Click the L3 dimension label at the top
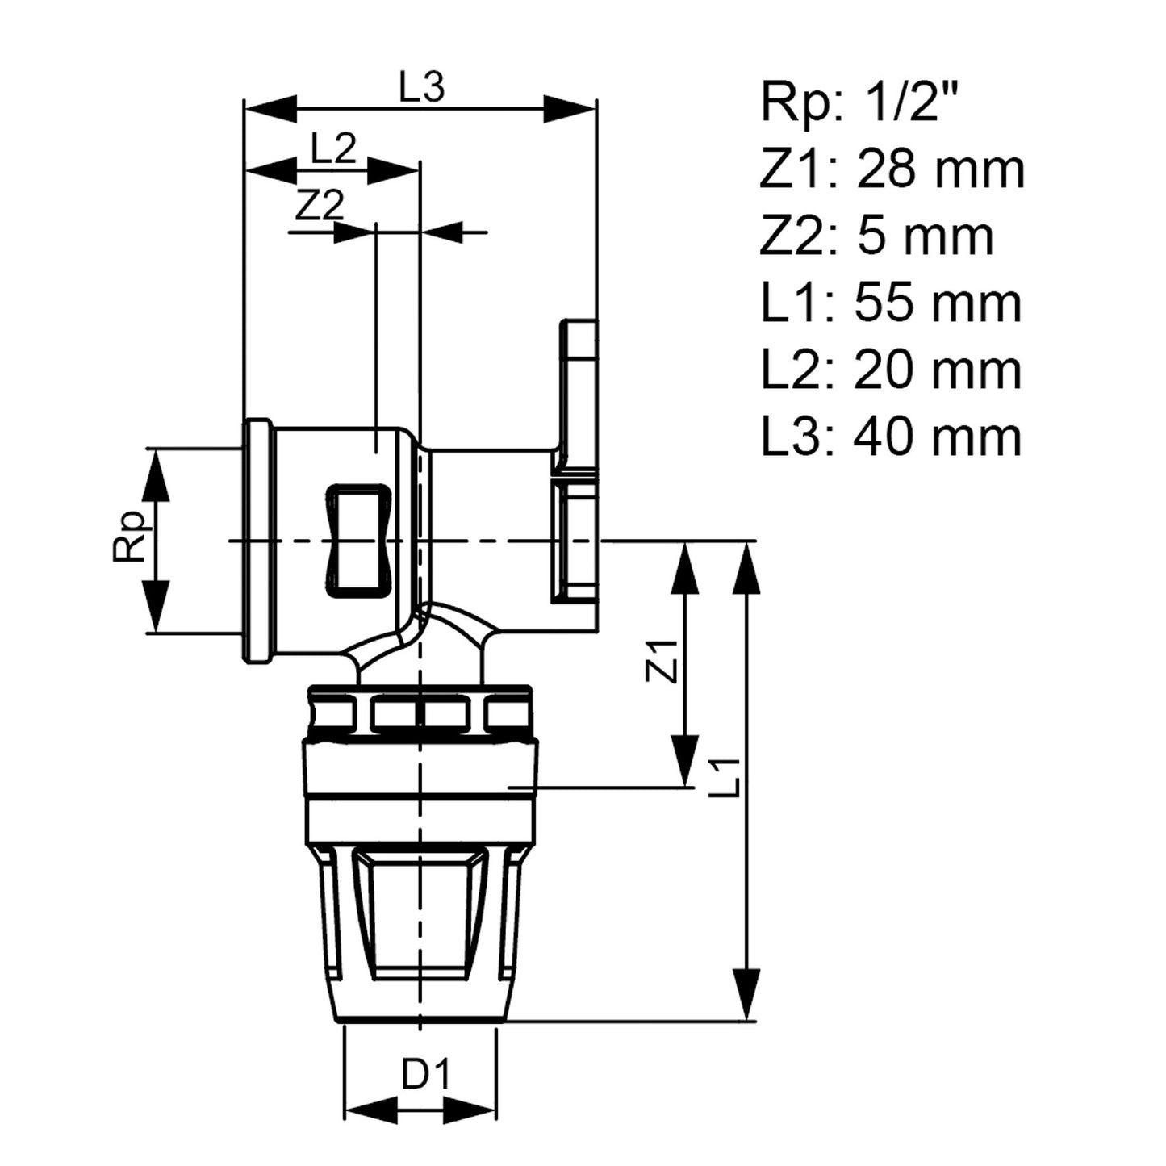tap(422, 86)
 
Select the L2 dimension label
tap(333, 148)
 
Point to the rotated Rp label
tap(129, 536)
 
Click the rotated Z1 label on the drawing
tap(662, 662)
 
